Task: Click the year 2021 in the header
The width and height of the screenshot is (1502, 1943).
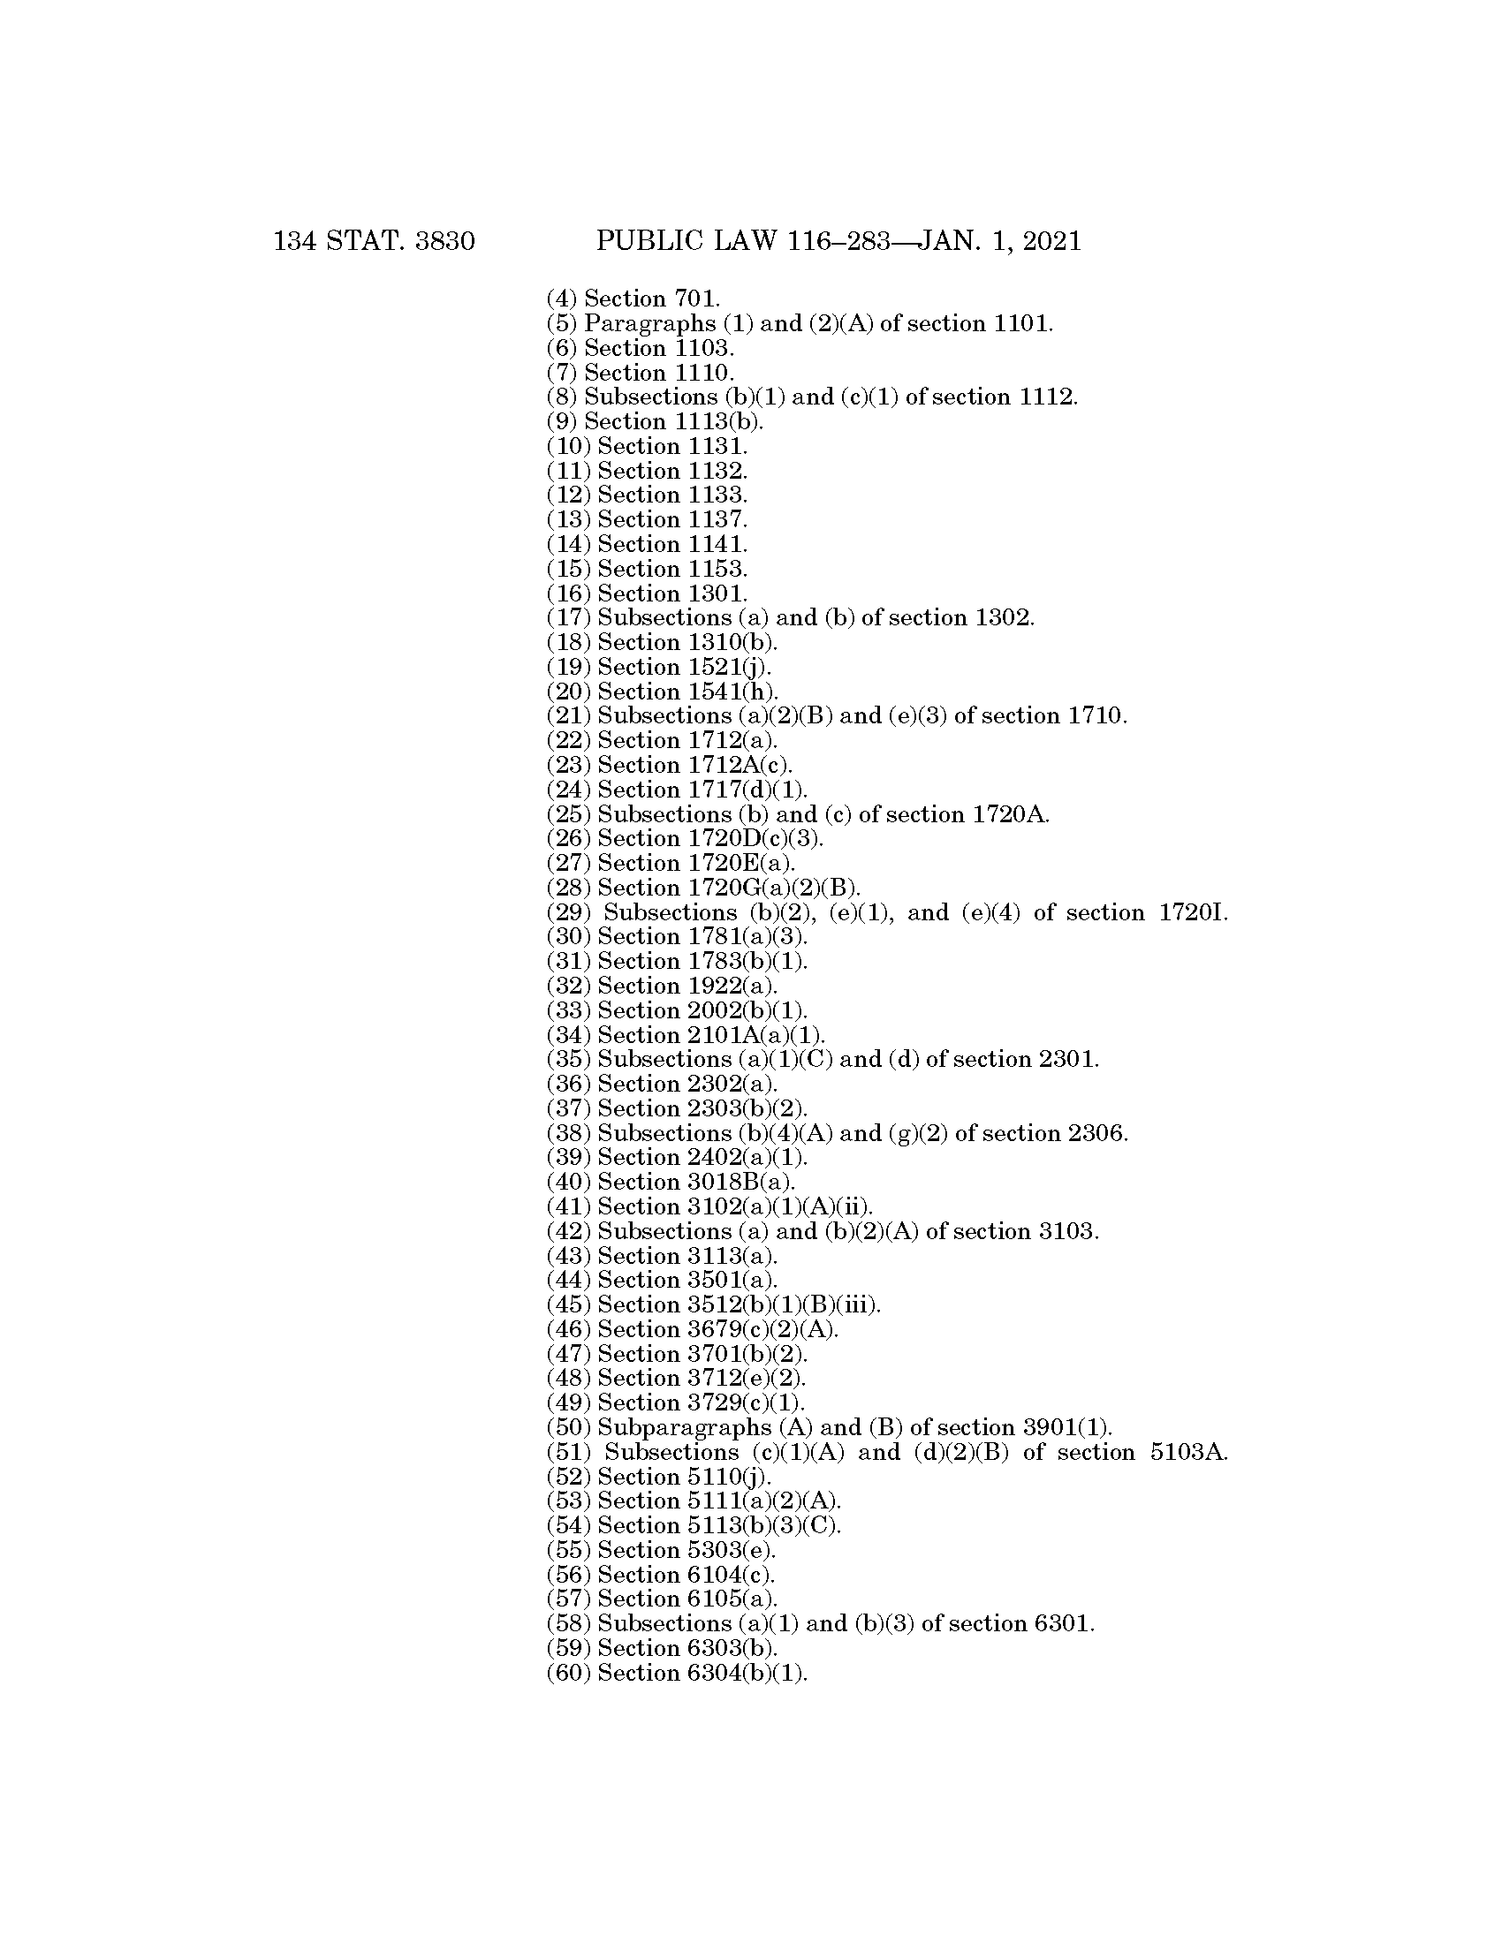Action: coord(1051,241)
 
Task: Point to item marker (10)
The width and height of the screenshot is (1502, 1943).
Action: coord(568,447)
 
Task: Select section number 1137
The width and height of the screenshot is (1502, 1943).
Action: coord(717,520)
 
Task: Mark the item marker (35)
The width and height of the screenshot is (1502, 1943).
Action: coord(568,1060)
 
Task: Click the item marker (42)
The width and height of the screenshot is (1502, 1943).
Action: coord(568,1232)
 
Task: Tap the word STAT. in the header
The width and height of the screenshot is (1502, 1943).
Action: coord(360,241)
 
